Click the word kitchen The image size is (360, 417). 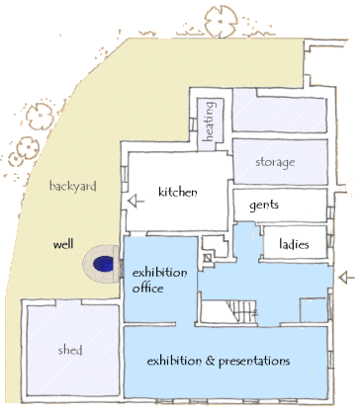click(x=178, y=192)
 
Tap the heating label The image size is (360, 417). click(x=210, y=122)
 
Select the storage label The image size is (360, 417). click(x=275, y=162)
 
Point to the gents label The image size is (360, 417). click(x=264, y=205)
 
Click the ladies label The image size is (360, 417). click(x=294, y=244)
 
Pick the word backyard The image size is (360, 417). click(x=73, y=186)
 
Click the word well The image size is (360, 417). click(x=63, y=244)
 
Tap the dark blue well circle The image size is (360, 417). click(x=103, y=264)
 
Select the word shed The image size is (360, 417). click(x=70, y=350)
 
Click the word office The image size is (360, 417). click(x=148, y=288)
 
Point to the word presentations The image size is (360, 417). click(x=254, y=361)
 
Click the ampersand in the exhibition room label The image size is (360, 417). click(x=210, y=361)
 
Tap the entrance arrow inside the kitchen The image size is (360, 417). click(x=136, y=201)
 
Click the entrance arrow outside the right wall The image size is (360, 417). click(x=347, y=278)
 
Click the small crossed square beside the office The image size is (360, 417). click(x=207, y=258)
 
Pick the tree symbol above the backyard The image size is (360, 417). click(x=221, y=22)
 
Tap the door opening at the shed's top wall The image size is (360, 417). click(x=68, y=302)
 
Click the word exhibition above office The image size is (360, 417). click(x=159, y=273)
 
